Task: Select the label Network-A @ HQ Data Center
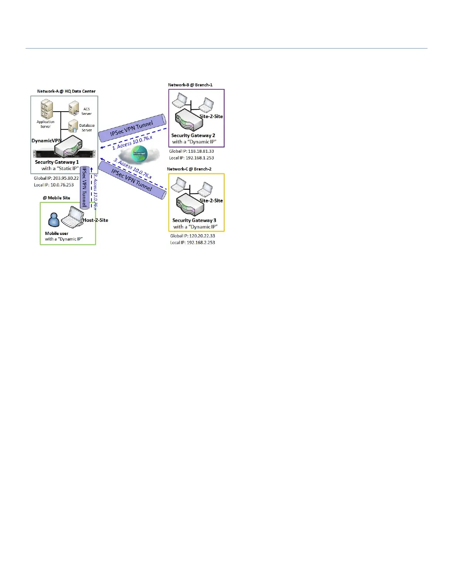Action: point(66,91)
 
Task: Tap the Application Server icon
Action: point(47,109)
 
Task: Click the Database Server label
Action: point(87,128)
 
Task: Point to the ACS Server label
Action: point(87,111)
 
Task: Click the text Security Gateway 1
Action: point(57,162)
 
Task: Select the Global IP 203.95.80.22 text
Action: point(56,178)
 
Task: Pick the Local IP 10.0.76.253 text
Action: point(54,185)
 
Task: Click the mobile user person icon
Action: point(54,220)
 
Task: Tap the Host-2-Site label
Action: point(95,220)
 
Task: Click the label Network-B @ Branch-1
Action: point(190,85)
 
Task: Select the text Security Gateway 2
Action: point(193,136)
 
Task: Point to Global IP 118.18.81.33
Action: point(191,151)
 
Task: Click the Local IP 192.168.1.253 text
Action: point(191,158)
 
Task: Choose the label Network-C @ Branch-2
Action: point(189,169)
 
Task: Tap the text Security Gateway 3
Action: point(194,220)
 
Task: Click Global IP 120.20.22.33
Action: point(192,236)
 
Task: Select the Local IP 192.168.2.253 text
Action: point(192,243)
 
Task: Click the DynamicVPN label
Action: point(46,141)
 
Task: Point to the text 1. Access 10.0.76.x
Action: point(132,143)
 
